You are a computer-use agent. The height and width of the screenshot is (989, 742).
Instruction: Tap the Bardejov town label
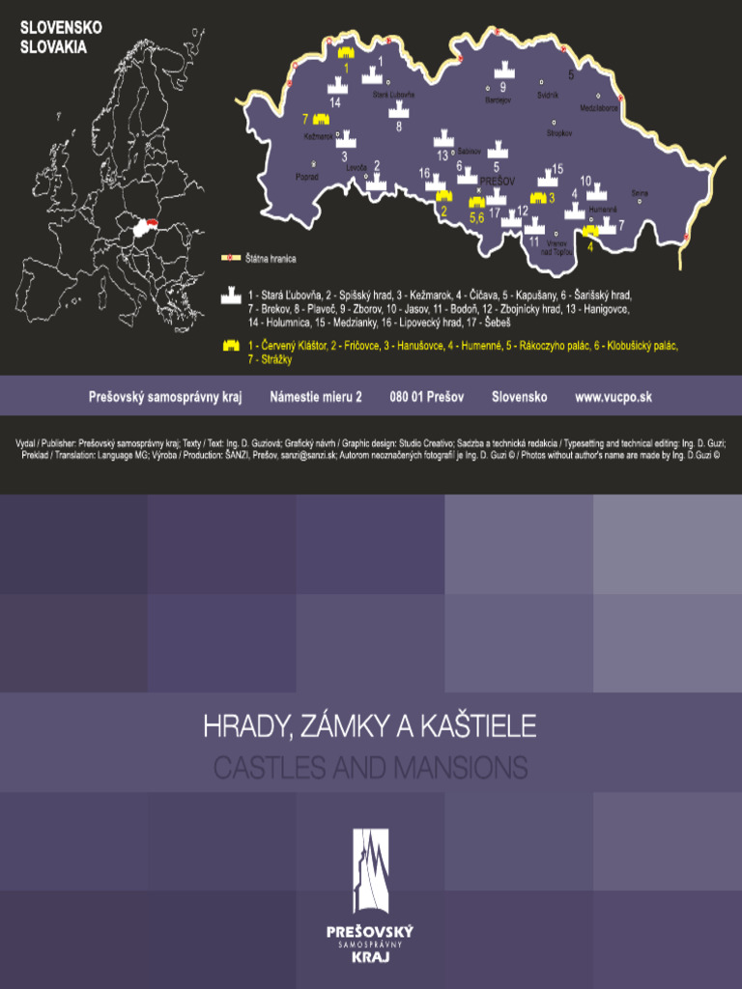tap(496, 99)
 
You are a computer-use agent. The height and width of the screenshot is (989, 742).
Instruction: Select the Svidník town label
tap(548, 95)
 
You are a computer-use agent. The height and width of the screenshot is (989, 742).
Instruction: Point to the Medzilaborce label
tap(600, 107)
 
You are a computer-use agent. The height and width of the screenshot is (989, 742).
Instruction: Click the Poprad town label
tap(306, 177)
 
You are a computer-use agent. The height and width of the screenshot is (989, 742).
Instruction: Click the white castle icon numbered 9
tap(503, 71)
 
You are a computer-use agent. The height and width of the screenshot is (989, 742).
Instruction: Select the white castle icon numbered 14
tap(335, 86)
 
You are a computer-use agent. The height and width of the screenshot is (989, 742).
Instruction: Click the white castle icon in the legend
tap(232, 295)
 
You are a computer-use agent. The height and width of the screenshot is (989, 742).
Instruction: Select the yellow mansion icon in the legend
tap(232, 345)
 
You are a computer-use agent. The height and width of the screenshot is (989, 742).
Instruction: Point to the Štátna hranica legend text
tap(271, 259)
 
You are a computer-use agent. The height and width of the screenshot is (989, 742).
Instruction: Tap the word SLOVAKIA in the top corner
tap(53, 45)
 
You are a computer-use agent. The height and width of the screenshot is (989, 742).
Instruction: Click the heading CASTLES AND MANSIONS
tap(370, 769)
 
